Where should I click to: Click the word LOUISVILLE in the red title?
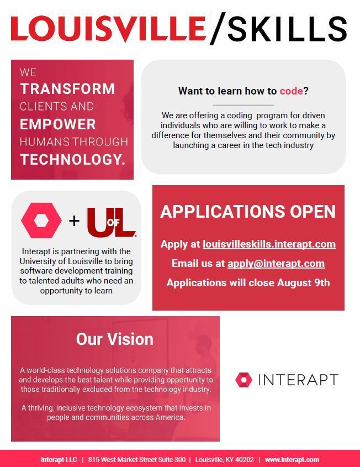(x=109, y=29)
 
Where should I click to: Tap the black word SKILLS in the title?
(x=288, y=29)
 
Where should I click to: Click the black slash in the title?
(x=218, y=29)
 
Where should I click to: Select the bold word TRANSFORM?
(x=67, y=89)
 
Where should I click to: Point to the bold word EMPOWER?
(x=58, y=124)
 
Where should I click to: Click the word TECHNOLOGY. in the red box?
(x=72, y=159)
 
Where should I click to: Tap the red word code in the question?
(x=291, y=91)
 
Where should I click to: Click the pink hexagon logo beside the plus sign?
(x=41, y=221)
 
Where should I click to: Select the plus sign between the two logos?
(x=74, y=221)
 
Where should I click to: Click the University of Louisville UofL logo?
(x=112, y=222)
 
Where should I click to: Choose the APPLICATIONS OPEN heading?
(x=248, y=212)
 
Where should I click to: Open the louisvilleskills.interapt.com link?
(x=269, y=244)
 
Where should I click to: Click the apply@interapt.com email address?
(x=276, y=264)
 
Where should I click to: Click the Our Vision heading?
(x=115, y=339)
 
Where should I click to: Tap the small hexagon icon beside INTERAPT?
(x=243, y=380)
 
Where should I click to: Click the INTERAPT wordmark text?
(x=298, y=380)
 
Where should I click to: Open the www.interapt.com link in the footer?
(x=292, y=460)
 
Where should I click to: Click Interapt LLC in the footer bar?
(x=59, y=460)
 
